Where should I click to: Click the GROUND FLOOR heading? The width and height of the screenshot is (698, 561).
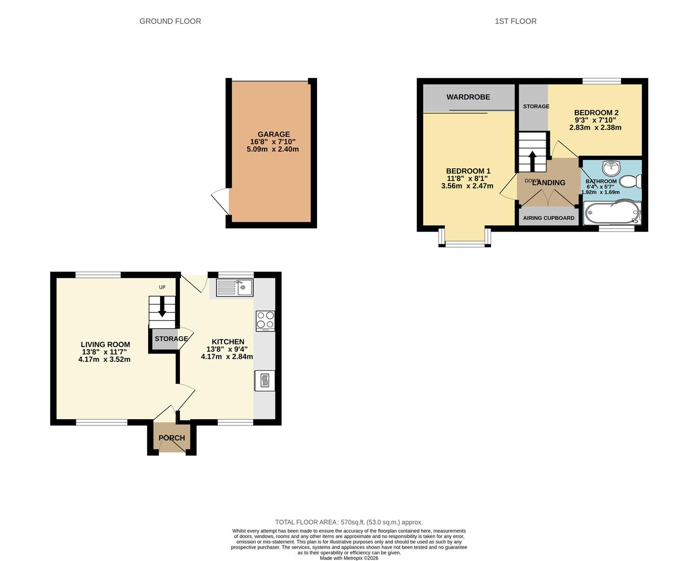(x=170, y=21)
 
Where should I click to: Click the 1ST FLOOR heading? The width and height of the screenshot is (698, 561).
(x=516, y=21)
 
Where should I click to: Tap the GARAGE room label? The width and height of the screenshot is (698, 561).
(x=273, y=134)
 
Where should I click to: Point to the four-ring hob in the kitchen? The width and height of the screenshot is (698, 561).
(x=265, y=320)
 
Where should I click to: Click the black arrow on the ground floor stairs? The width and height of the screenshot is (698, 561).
(x=162, y=307)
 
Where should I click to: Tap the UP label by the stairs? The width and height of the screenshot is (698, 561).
(x=162, y=287)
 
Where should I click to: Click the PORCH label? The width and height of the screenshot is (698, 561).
(x=172, y=438)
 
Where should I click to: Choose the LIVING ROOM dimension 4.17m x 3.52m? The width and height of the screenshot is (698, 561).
(x=104, y=359)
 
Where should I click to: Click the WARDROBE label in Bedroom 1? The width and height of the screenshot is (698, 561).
(x=468, y=97)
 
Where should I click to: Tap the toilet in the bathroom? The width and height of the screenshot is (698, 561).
(x=633, y=181)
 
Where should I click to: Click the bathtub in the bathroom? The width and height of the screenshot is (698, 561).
(x=612, y=213)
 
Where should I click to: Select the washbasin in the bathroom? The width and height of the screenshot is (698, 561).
(x=612, y=167)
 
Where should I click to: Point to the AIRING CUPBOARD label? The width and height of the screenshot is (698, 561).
(x=548, y=218)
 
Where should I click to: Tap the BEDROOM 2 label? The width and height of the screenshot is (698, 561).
(x=596, y=113)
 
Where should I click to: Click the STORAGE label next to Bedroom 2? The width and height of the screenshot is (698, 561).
(x=536, y=106)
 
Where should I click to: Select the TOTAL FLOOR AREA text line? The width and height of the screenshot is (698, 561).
(x=349, y=522)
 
